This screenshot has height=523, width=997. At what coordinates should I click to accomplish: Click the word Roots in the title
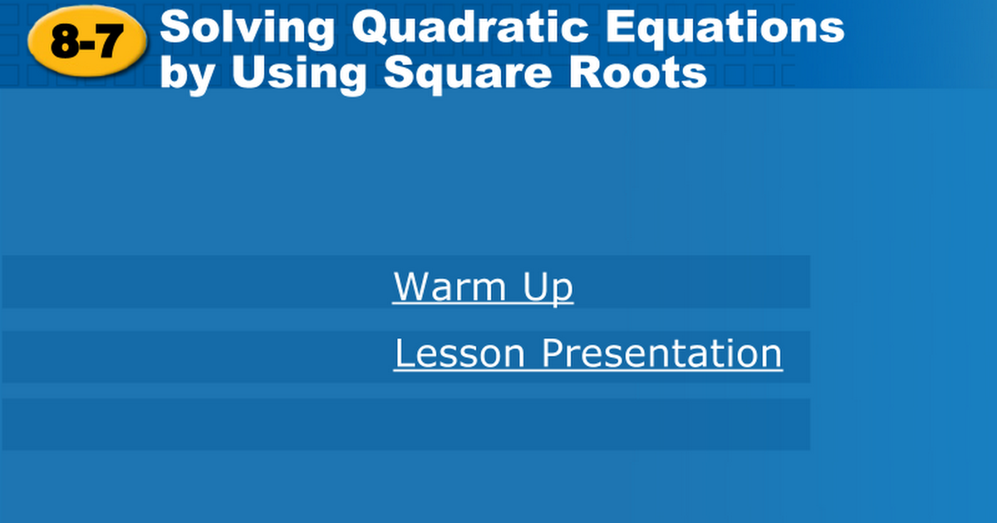click(x=638, y=73)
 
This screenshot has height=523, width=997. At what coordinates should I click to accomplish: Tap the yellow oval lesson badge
click(x=87, y=42)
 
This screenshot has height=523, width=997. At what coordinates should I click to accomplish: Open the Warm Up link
click(x=484, y=287)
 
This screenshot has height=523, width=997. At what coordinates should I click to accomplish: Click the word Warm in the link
click(x=450, y=286)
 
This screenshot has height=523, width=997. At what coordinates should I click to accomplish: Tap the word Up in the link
click(x=548, y=289)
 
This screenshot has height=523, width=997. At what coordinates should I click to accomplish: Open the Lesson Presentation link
click(x=588, y=354)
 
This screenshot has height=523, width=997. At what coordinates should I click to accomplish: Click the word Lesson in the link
click(x=460, y=353)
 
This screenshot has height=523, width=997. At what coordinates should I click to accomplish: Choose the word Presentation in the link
click(x=662, y=353)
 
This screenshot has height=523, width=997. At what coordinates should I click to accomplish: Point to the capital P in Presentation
click(x=553, y=353)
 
